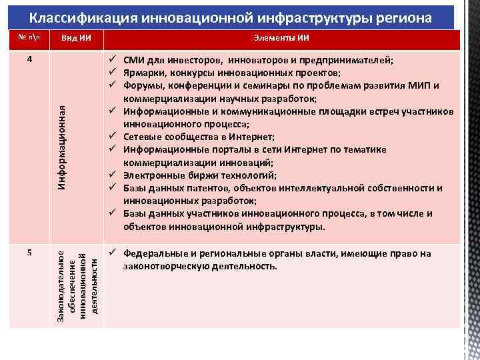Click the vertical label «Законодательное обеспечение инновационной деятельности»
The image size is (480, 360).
[x=78, y=282]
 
